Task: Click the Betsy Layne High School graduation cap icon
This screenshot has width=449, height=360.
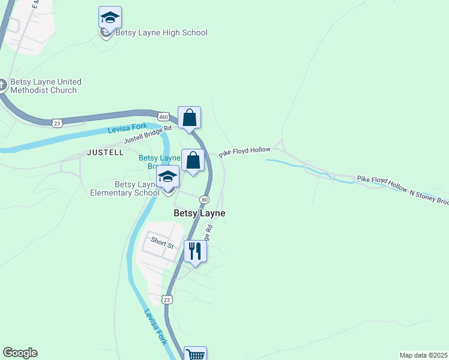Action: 110,17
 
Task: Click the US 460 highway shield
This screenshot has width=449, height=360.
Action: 163,116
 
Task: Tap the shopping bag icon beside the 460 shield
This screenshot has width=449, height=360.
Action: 189,118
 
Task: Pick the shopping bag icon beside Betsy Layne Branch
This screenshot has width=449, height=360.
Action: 193,161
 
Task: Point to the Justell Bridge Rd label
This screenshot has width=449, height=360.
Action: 148,134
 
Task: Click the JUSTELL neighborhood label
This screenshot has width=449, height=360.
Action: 105,152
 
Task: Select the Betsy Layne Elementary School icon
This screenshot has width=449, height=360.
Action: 168,177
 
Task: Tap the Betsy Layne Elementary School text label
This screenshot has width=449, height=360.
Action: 125,188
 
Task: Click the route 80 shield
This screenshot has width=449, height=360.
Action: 205,199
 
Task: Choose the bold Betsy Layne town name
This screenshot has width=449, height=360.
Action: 199,213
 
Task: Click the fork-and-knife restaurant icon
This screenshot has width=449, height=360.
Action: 195,251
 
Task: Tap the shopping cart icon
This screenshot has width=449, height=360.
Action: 195,355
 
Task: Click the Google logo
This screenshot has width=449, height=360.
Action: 20,353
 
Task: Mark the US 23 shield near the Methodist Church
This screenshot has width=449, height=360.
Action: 56,122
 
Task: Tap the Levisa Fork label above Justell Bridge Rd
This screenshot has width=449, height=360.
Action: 127,130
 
